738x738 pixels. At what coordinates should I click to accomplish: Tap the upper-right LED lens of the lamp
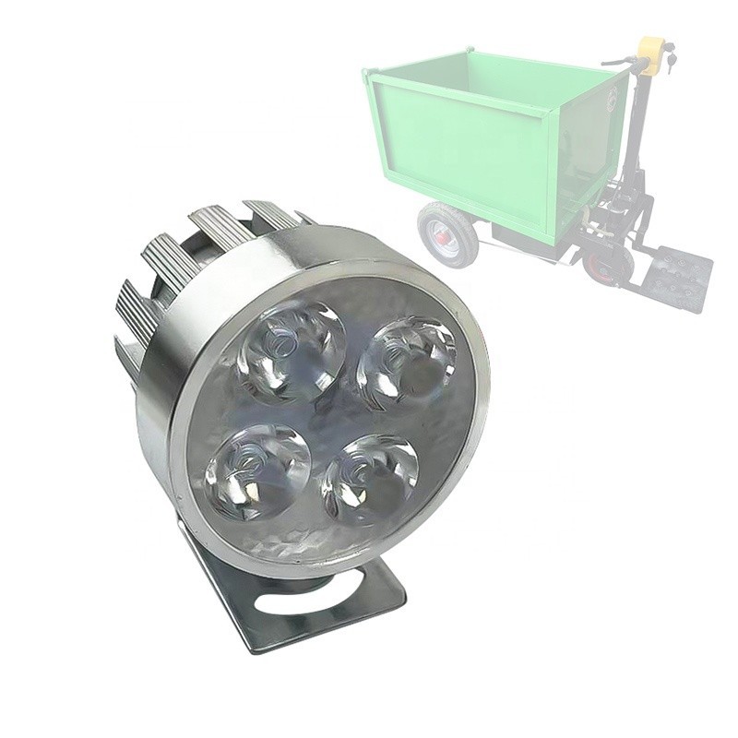[406, 363]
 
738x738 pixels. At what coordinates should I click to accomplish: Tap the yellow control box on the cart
[652, 55]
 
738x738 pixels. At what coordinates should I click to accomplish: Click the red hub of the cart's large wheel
[446, 237]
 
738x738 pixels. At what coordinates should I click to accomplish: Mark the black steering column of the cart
[637, 138]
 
